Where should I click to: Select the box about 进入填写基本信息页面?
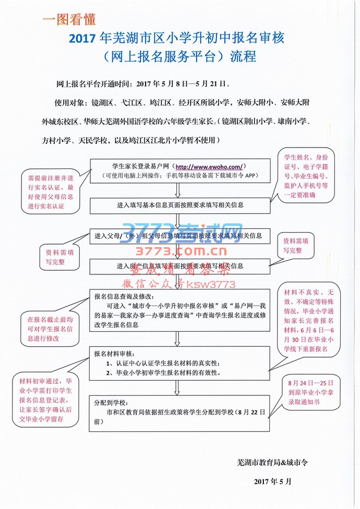pyautogui.click(x=180, y=205)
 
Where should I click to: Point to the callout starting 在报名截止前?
pyautogui.click(x=50, y=327)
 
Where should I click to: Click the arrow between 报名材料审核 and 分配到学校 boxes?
pyautogui.click(x=180, y=387)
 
